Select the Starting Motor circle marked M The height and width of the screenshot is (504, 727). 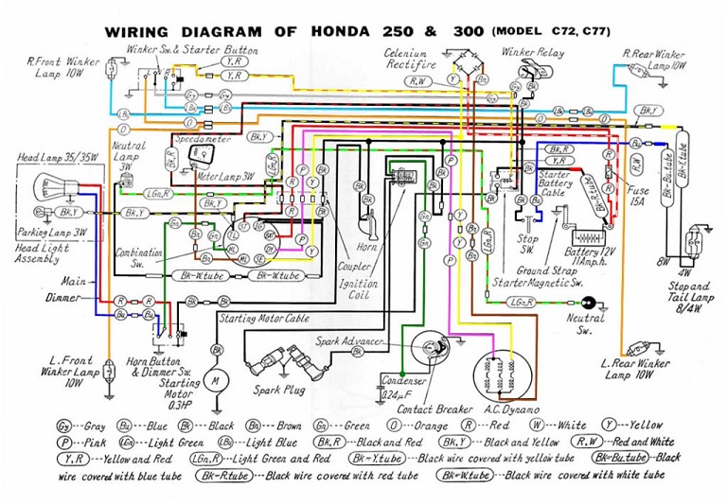[x=214, y=380]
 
